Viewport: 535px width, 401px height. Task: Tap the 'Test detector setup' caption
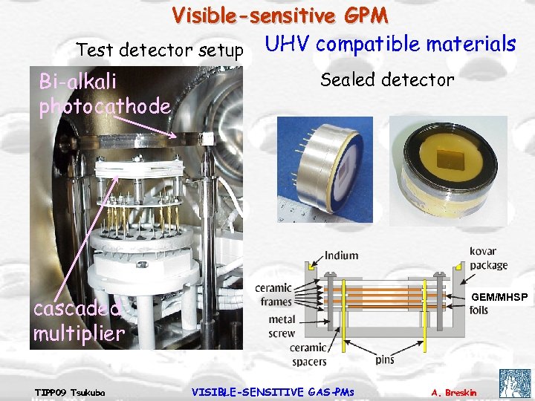coord(160,50)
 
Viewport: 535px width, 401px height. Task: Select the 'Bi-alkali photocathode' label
coord(105,94)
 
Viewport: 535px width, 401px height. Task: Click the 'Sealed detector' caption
coord(387,79)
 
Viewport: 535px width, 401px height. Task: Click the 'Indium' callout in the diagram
coord(341,255)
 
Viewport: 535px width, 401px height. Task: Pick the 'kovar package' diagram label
coord(489,257)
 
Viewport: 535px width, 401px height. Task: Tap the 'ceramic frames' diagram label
coord(273,294)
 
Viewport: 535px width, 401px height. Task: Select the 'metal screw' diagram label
coord(282,327)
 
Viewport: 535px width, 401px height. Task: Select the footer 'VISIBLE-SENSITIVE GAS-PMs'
coord(273,391)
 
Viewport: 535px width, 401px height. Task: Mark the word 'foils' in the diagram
coord(479,310)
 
